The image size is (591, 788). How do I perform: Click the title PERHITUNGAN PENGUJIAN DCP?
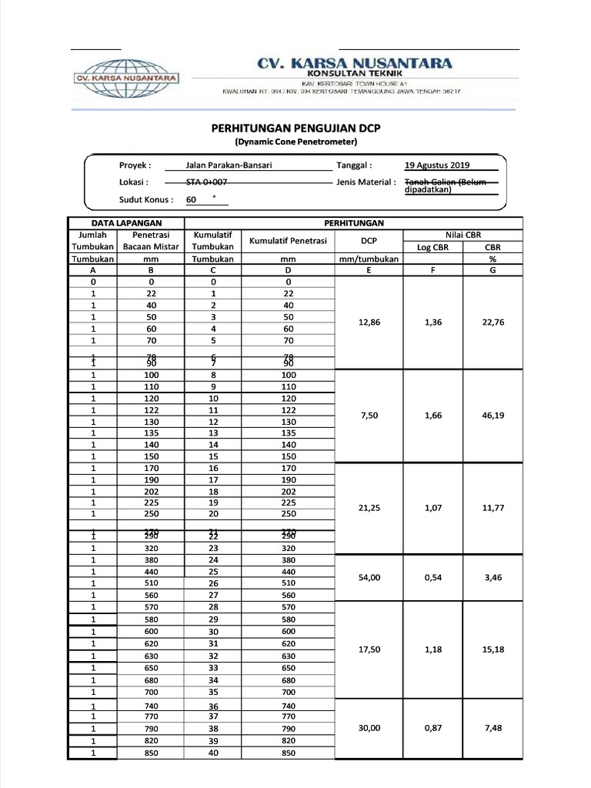tap(295, 129)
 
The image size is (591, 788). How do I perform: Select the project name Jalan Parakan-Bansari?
tap(229, 165)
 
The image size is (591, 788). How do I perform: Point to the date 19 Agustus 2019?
tap(437, 165)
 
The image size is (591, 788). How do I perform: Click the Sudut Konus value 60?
tap(192, 199)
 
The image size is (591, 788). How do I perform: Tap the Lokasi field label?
tap(134, 182)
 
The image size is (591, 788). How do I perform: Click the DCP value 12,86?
tap(369, 323)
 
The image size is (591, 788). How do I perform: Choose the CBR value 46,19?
tap(492, 415)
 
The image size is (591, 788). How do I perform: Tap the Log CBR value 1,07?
tap(432, 508)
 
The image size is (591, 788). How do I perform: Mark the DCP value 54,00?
tap(370, 577)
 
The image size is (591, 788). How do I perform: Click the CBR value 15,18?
tap(492, 649)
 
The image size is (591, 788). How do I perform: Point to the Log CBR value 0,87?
tap(432, 729)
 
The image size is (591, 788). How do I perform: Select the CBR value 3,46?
tap(492, 577)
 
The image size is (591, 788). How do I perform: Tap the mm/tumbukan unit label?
tap(369, 259)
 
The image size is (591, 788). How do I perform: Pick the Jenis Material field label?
tap(366, 182)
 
